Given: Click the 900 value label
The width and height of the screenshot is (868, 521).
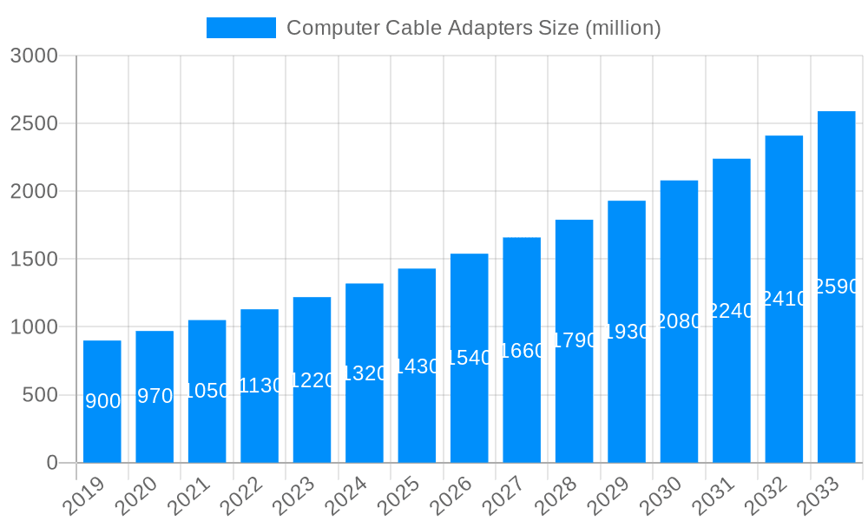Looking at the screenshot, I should point(103,401).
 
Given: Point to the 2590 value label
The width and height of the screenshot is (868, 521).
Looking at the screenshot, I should point(836,287).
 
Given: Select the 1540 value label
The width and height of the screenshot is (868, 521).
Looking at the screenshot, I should point(469,358).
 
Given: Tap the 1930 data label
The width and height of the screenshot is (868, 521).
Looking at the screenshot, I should point(627,332).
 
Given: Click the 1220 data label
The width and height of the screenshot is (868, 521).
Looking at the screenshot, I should point(312,380).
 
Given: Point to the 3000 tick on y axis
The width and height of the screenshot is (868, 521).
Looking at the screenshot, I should point(34,56).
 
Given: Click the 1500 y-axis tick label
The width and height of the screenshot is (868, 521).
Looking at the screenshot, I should point(34,260).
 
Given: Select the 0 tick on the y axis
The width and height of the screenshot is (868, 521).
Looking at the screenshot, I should point(52,464).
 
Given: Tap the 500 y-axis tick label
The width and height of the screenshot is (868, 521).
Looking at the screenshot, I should point(40,396).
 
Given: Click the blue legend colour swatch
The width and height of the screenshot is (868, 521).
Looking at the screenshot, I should point(240,28).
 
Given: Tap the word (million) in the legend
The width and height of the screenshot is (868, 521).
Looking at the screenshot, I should point(623,29).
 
